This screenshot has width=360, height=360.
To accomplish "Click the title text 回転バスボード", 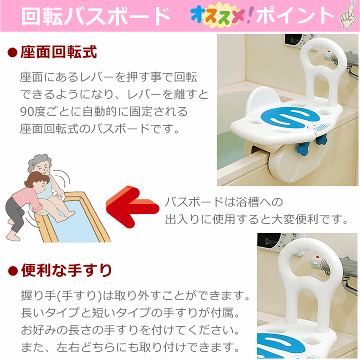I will coord(95,16).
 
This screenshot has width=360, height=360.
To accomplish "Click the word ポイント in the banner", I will coord(295,16).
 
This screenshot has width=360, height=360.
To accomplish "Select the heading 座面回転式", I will coord(59,52).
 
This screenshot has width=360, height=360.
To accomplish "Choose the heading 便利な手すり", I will coord(66,270).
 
